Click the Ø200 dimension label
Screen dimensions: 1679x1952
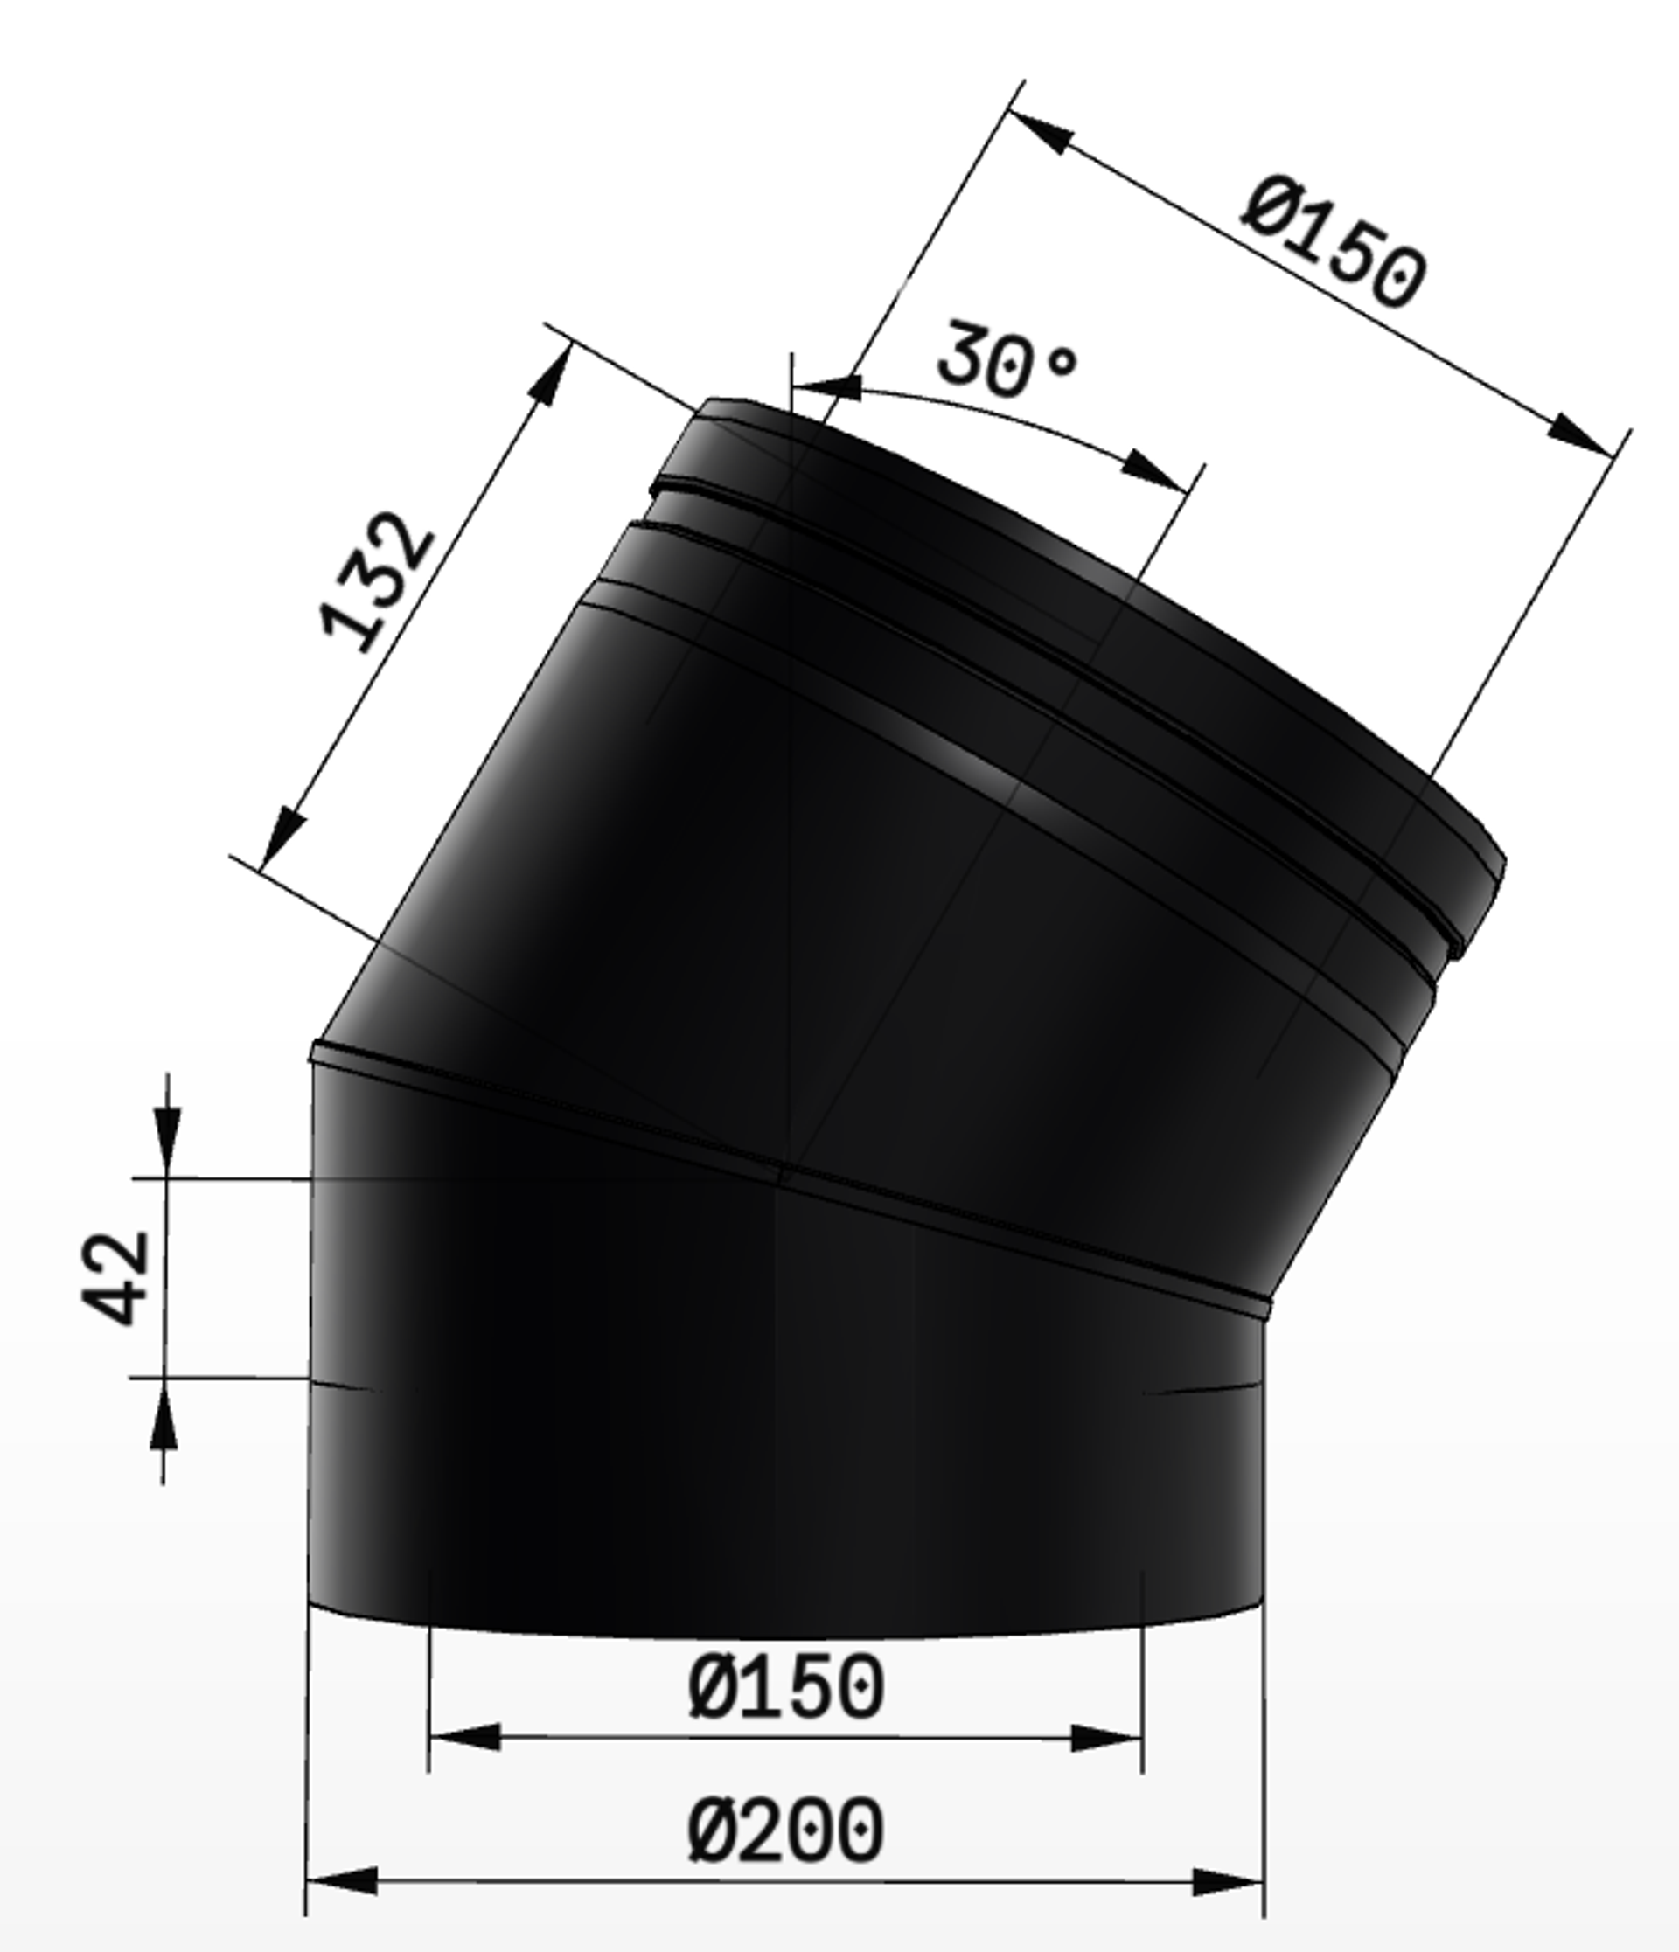(785, 1830)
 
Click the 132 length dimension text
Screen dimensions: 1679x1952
(378, 581)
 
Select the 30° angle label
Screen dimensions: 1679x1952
(1007, 362)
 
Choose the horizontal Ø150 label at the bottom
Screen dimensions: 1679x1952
(786, 1687)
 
